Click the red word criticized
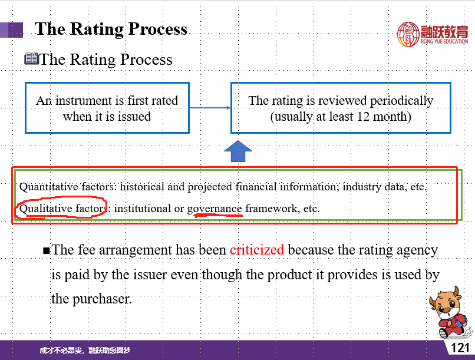[257, 250]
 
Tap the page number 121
[460, 348]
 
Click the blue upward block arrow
[238, 151]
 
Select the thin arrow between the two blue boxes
[210, 107]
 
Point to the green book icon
[31, 58]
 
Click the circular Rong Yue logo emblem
[408, 34]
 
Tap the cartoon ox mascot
[450, 312]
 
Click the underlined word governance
[214, 209]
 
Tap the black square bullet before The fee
[47, 250]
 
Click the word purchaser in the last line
[102, 299]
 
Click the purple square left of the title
[12, 30]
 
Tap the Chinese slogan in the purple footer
[85, 351]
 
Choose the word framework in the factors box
[271, 209]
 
